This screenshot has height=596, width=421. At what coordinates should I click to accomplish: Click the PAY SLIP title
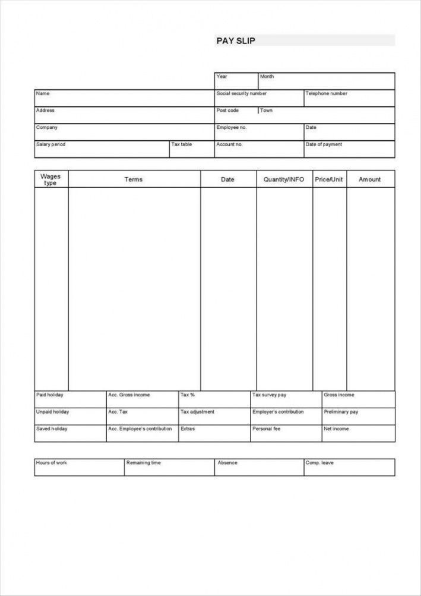(236, 40)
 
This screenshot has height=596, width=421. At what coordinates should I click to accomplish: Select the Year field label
(222, 77)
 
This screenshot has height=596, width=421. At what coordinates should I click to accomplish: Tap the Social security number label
(242, 93)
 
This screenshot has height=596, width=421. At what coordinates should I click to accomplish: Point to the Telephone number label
(326, 93)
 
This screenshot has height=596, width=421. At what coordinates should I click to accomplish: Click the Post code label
(227, 111)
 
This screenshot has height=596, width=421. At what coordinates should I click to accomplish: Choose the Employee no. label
(232, 127)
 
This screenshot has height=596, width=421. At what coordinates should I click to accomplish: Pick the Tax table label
(182, 144)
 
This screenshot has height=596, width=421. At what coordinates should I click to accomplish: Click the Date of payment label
(324, 144)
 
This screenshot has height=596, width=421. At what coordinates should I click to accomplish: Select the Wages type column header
(50, 179)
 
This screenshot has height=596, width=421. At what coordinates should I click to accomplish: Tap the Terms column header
(134, 179)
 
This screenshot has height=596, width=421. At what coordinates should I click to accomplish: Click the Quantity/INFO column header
(284, 179)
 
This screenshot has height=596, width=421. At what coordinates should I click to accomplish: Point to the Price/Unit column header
(329, 179)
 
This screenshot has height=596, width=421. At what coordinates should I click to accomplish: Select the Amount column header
(370, 179)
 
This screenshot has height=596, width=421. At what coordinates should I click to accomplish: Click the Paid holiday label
(50, 395)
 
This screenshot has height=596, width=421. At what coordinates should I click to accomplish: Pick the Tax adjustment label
(197, 412)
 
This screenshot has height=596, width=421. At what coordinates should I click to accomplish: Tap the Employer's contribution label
(278, 412)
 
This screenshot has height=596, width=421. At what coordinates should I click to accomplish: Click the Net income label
(337, 428)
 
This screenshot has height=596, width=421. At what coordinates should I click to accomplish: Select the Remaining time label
(143, 462)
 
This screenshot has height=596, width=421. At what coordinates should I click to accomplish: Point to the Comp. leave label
(319, 462)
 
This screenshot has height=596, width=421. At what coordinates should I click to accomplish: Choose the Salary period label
(51, 144)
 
